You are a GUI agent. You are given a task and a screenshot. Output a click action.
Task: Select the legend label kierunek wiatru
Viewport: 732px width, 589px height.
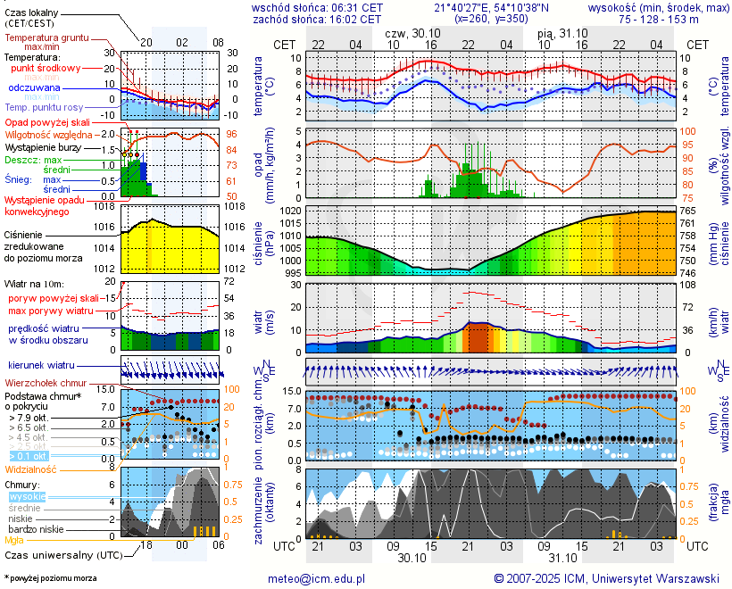pyautogui.click(x=39, y=366)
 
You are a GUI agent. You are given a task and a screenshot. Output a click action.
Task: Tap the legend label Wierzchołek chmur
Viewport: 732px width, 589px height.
pyautogui.click(x=47, y=383)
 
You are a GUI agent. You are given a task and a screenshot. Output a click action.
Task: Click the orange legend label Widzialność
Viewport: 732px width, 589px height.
pyautogui.click(x=31, y=469)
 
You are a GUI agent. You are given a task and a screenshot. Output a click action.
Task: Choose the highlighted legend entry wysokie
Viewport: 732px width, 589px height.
pyautogui.click(x=27, y=496)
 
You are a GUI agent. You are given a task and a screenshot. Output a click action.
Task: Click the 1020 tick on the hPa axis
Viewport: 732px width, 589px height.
pyautogui.click(x=289, y=211)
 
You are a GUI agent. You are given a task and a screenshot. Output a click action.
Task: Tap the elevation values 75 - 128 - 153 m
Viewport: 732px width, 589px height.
pyautogui.click(x=659, y=19)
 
